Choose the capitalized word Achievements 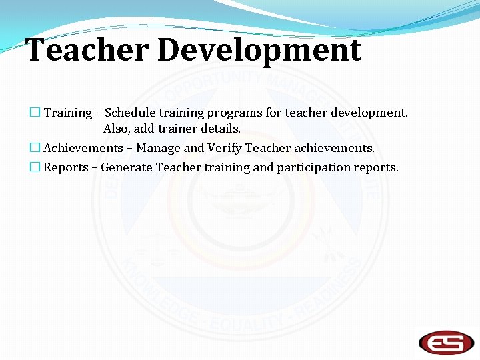(83, 148)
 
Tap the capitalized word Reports (66, 167)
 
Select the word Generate (127, 167)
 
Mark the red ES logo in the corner (446, 341)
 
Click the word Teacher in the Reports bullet (177, 167)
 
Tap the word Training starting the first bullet (67, 113)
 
